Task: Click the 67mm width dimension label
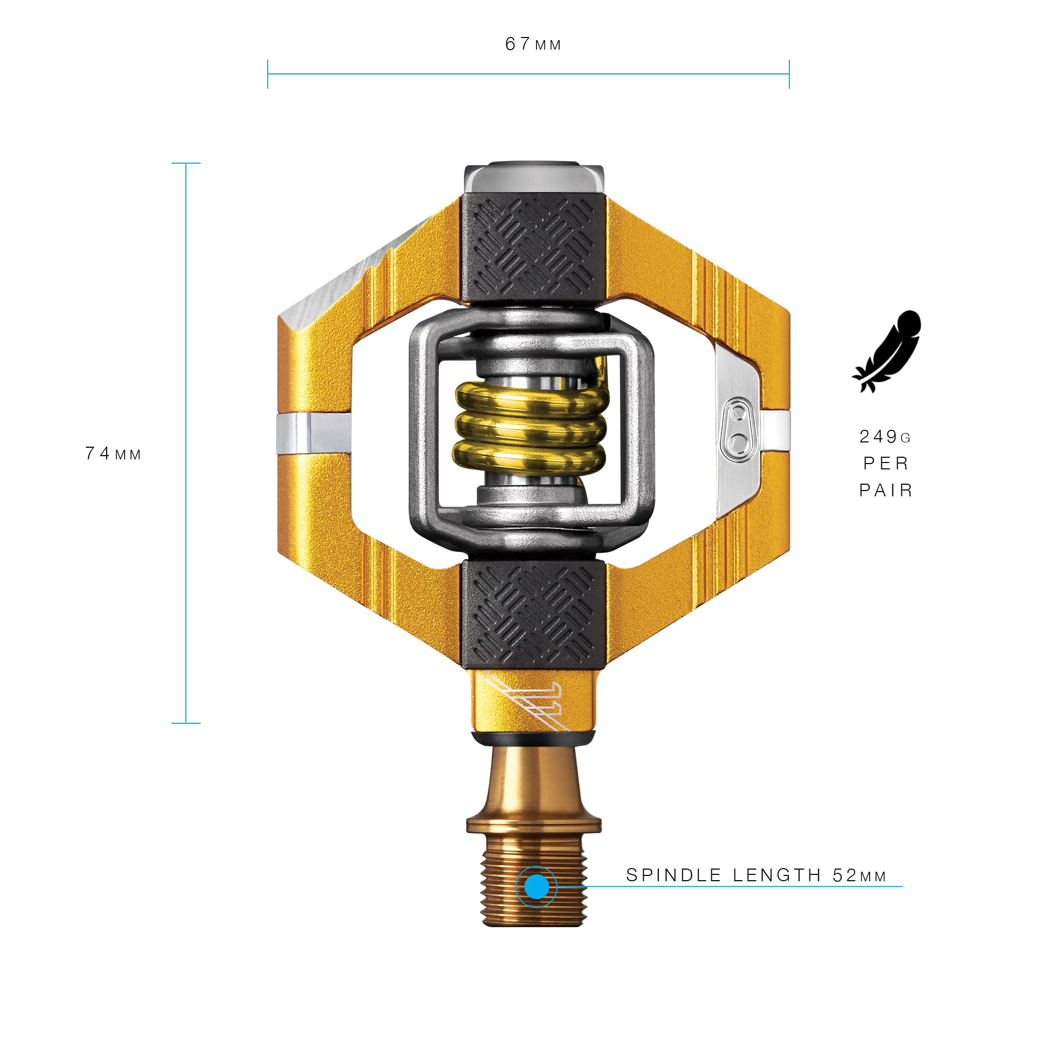pos(533,44)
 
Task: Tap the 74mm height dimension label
pos(113,453)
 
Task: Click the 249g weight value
pos(885,436)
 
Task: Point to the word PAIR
pos(885,491)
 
